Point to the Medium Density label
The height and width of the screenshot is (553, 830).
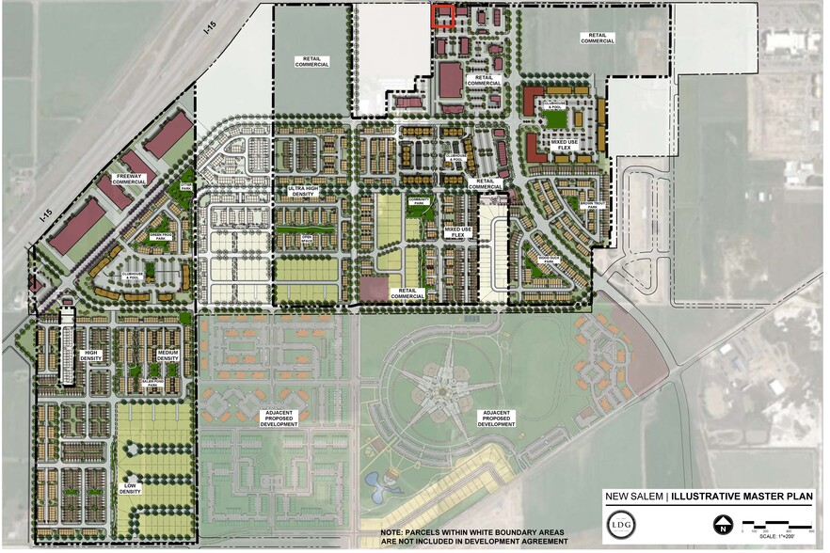[x=168, y=356]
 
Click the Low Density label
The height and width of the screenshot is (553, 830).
[x=130, y=488]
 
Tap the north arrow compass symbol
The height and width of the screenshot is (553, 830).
[x=723, y=525]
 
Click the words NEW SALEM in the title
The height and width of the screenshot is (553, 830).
[x=634, y=498]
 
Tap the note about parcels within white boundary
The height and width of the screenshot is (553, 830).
[x=472, y=536]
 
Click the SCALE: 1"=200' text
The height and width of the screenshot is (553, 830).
[x=780, y=536]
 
